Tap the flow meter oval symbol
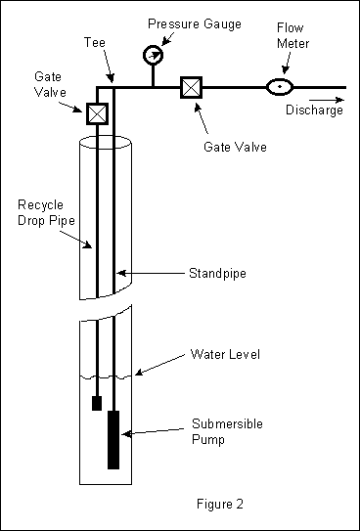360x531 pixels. [x=280, y=88]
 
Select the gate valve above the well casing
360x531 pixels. [x=97, y=113]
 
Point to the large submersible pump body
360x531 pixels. [x=114, y=439]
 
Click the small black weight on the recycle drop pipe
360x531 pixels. [x=96, y=402]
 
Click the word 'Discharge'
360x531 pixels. [x=314, y=110]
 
